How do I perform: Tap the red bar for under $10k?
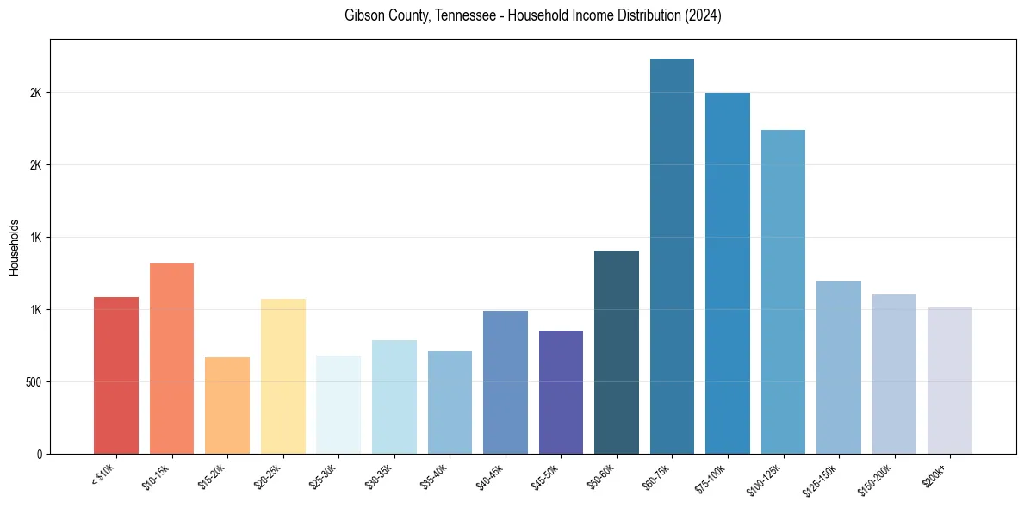(x=116, y=375)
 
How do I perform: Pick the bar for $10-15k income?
(x=171, y=358)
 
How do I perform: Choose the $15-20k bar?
(x=227, y=406)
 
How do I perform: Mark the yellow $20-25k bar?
(x=283, y=376)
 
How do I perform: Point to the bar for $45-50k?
(x=561, y=392)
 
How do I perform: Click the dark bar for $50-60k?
(x=617, y=352)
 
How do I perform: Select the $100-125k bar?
(x=783, y=292)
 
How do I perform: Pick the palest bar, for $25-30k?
(x=338, y=405)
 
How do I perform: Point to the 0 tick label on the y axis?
(x=39, y=454)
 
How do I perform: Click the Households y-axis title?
(x=14, y=246)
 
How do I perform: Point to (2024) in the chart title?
(x=703, y=16)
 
